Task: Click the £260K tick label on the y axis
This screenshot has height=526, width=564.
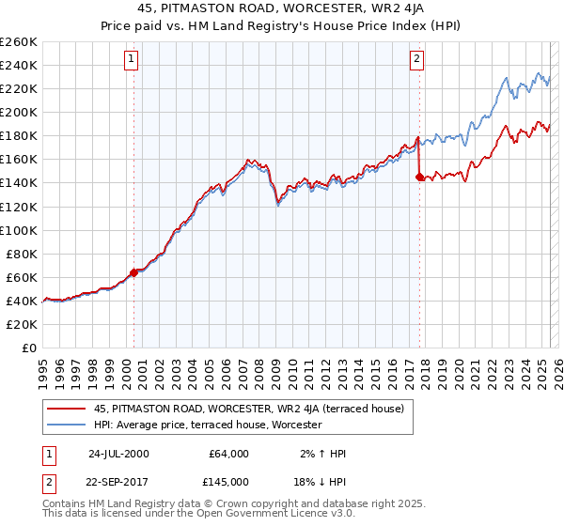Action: pos(18,42)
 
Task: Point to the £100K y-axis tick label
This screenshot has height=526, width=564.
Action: pos(18,230)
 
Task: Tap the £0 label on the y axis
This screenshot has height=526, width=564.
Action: pos(29,348)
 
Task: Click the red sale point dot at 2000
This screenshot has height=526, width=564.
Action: pos(133,272)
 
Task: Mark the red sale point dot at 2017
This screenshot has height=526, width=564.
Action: pos(419,177)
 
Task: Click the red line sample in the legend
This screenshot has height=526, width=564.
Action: pos(67,409)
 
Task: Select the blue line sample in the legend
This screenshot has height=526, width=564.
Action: pos(67,425)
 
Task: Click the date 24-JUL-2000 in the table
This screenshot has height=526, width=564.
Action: pos(118,454)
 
